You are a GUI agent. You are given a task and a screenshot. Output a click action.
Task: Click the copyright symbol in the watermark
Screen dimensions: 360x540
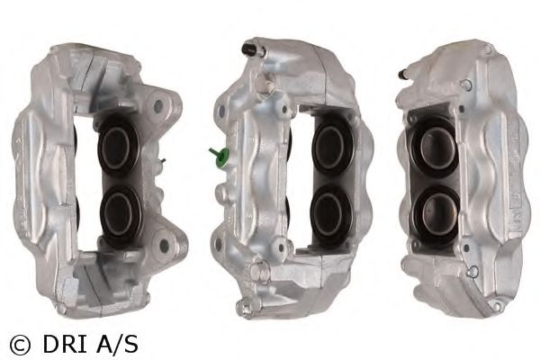pyautogui.click(x=20, y=342)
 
